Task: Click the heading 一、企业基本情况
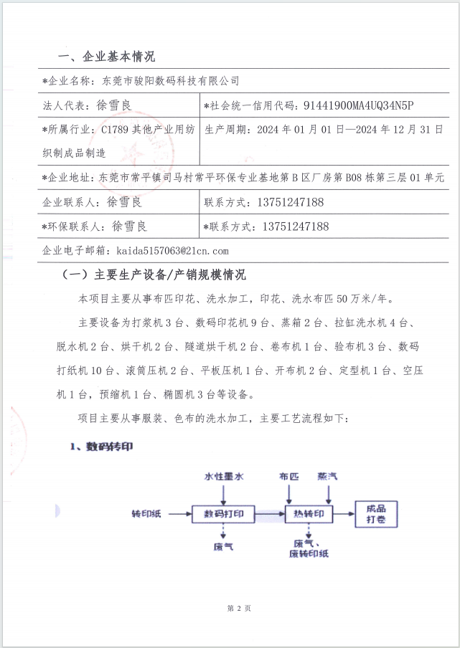tap(105, 57)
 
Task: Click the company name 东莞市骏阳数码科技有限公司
tap(171, 81)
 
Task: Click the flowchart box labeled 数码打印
tap(224, 513)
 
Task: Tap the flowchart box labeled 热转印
tap(309, 513)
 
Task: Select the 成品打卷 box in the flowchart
tap(376, 513)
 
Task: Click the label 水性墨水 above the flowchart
tap(224, 476)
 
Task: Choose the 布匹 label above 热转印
tap(289, 476)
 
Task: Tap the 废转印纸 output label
tap(309, 553)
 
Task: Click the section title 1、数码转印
tap(101, 446)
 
